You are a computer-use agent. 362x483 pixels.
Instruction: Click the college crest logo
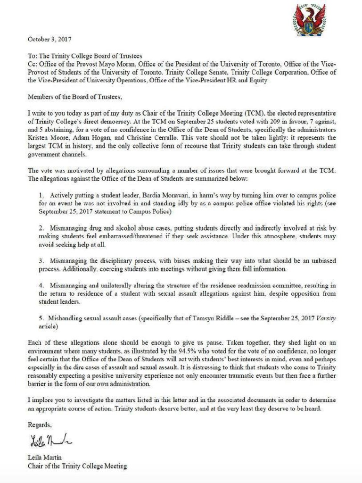(x=309, y=19)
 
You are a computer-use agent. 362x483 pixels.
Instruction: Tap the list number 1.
(x=41, y=195)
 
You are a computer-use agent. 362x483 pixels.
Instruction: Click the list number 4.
(x=41, y=285)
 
